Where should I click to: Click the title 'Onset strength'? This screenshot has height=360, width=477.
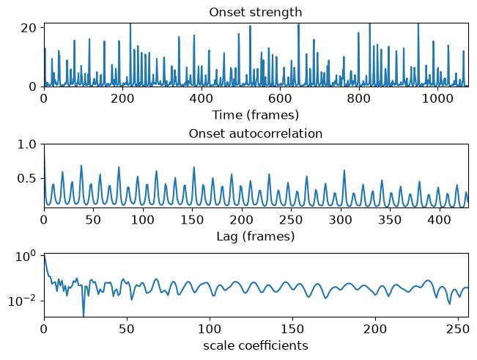pyautogui.click(x=256, y=12)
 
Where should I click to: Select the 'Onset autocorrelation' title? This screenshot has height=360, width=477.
pyautogui.click(x=256, y=133)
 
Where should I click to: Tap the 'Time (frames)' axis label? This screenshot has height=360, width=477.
pyautogui.click(x=256, y=115)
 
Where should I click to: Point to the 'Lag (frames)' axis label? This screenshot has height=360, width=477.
pyautogui.click(x=256, y=236)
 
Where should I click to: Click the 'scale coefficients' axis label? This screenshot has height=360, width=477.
pyautogui.click(x=256, y=345)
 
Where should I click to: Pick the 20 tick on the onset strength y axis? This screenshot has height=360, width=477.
pyautogui.click(x=28, y=28)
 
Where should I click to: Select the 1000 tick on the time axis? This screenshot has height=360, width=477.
pyautogui.click(x=437, y=98)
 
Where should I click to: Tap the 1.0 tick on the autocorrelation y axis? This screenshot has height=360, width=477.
pyautogui.click(x=26, y=144)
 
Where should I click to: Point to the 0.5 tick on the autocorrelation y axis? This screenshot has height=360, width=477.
pyautogui.click(x=26, y=178)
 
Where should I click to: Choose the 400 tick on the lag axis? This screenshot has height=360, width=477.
pyautogui.click(x=440, y=219)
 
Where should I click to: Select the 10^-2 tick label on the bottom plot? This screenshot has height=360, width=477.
pyautogui.click(x=24, y=301)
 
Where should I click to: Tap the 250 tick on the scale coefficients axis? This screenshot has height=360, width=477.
pyautogui.click(x=459, y=329)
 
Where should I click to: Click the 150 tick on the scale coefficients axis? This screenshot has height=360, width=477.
pyautogui.click(x=292, y=329)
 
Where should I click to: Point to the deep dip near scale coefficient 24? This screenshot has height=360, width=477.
pyautogui.click(x=84, y=315)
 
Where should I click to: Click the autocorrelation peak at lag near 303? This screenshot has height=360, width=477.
pyautogui.click(x=344, y=170)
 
